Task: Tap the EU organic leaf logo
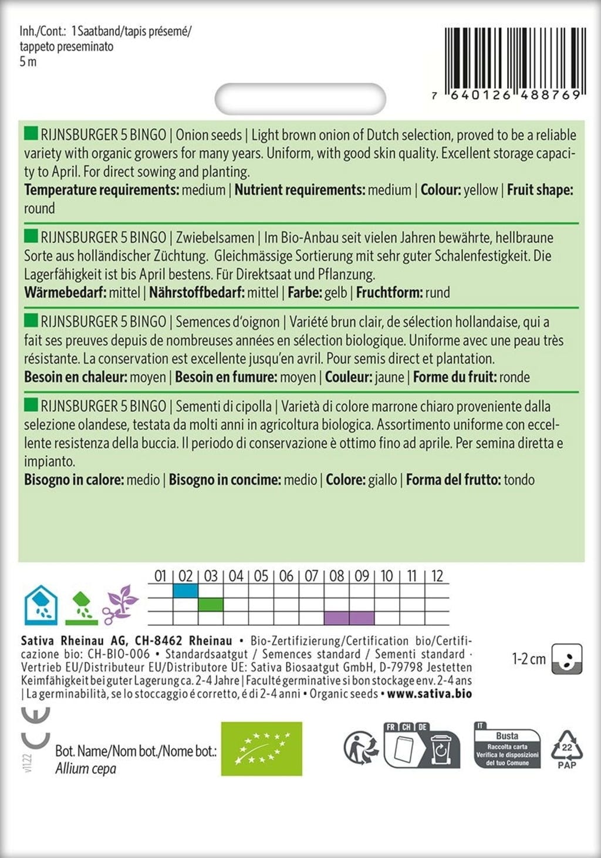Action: (261, 748)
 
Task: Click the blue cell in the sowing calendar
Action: (185, 591)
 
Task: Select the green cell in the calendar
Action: (211, 604)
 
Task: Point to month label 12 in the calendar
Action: (437, 576)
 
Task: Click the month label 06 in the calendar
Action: (286, 576)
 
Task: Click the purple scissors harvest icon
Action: (120, 605)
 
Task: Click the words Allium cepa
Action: (86, 769)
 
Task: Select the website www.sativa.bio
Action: (430, 694)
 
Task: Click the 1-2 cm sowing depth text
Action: (529, 659)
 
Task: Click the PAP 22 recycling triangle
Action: (566, 749)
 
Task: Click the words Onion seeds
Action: (209, 135)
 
